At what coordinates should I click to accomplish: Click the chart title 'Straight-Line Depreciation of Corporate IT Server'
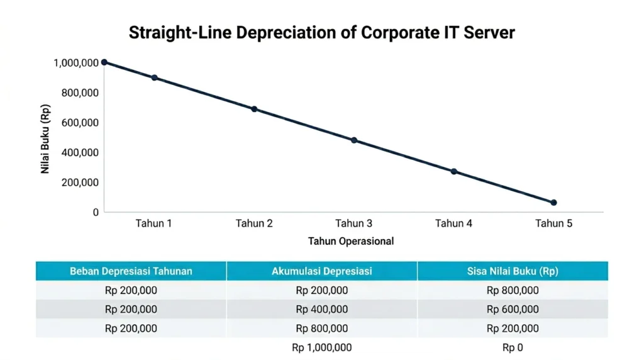[321, 33]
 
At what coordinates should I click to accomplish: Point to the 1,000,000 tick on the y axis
[76, 62]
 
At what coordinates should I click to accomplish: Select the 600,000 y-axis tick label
[79, 123]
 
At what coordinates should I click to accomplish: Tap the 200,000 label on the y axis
[79, 183]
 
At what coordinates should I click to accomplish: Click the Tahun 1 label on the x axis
[154, 223]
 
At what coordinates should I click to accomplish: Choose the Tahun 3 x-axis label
[353, 223]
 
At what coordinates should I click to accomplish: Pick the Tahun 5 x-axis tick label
[553, 223]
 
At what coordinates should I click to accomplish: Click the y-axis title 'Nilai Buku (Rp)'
[46, 138]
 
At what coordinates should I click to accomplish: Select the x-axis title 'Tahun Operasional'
[351, 241]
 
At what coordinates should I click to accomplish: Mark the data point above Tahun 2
[254, 109]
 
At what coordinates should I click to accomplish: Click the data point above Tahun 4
[453, 171]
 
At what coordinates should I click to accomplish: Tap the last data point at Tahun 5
[553, 203]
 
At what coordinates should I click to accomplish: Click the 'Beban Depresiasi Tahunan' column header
[131, 271]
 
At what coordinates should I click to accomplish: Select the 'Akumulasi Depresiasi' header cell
[321, 271]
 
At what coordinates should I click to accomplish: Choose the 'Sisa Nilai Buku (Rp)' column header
[513, 271]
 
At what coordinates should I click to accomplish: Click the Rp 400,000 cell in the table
[321, 309]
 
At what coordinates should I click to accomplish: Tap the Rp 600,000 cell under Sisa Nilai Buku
[513, 309]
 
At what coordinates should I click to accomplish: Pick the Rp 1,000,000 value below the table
[321, 347]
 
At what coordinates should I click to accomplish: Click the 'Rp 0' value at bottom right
[513, 347]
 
